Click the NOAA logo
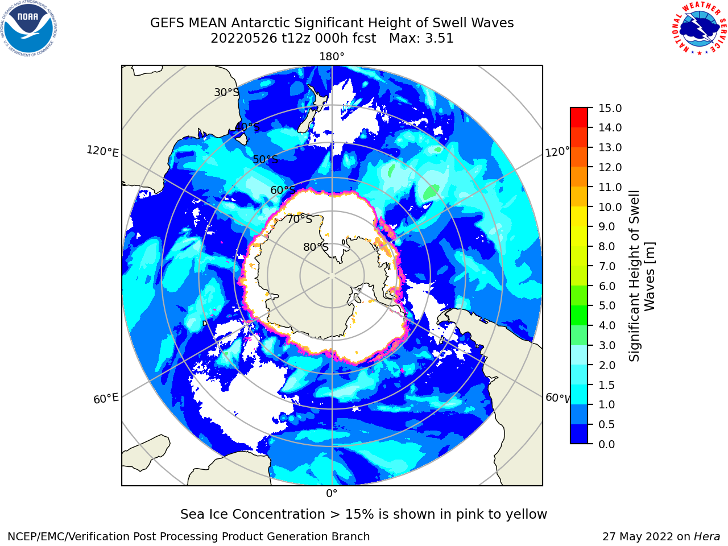[29, 28]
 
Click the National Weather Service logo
[699, 28]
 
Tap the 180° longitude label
[332, 57]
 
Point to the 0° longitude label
[332, 494]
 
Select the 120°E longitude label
[102, 151]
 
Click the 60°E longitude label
[106, 399]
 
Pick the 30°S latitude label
[226, 92]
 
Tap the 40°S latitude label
[247, 127]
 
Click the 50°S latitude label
[266, 159]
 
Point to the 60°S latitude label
[283, 190]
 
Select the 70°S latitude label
[300, 219]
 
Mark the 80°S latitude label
[316, 247]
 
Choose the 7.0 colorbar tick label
[607, 266]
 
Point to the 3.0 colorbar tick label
[607, 345]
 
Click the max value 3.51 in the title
[439, 39]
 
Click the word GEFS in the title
[167, 23]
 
